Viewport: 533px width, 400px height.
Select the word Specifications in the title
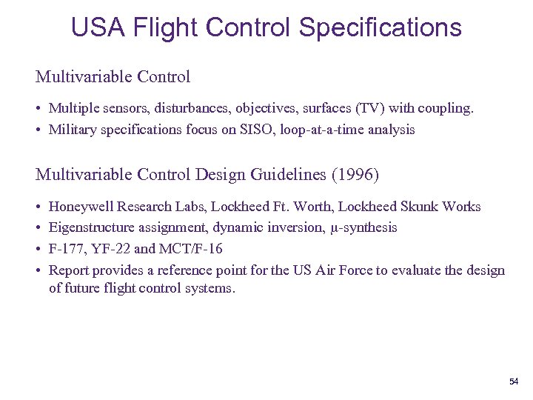pyautogui.click(x=380, y=27)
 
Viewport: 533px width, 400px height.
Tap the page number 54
pyautogui.click(x=514, y=381)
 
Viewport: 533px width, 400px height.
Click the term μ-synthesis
pyautogui.click(x=363, y=227)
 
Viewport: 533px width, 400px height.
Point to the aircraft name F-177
pyautogui.click(x=67, y=249)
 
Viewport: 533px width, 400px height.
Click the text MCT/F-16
pyautogui.click(x=190, y=249)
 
